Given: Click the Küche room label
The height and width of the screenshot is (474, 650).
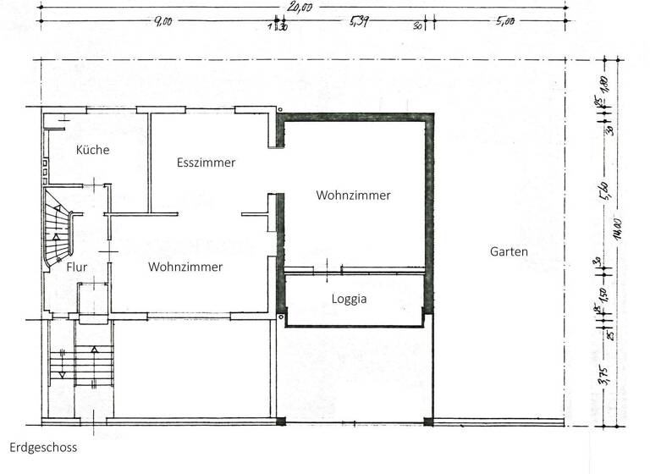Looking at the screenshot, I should click(92, 150).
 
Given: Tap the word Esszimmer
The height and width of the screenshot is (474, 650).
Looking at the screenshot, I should click(206, 163).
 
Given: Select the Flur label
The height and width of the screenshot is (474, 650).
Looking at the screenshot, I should click(54, 267).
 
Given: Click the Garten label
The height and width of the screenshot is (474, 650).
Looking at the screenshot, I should click(509, 251).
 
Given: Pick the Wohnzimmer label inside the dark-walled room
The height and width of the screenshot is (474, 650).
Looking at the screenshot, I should click(354, 196).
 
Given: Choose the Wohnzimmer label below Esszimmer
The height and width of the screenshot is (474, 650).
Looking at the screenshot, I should click(185, 267).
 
